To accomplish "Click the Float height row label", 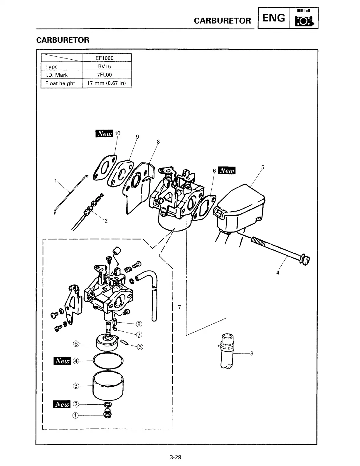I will click(x=60, y=83).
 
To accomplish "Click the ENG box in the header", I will click(x=273, y=18).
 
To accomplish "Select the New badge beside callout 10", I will click(x=104, y=134).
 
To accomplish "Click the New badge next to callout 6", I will click(x=228, y=171).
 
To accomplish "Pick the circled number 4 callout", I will click(x=76, y=361).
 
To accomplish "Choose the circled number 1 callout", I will click(x=75, y=415).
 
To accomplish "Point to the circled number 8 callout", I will click(x=139, y=324).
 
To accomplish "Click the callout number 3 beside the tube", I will click(x=252, y=353).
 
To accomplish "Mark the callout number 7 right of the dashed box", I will click(x=179, y=307).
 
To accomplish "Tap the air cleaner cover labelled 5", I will click(x=241, y=206).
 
